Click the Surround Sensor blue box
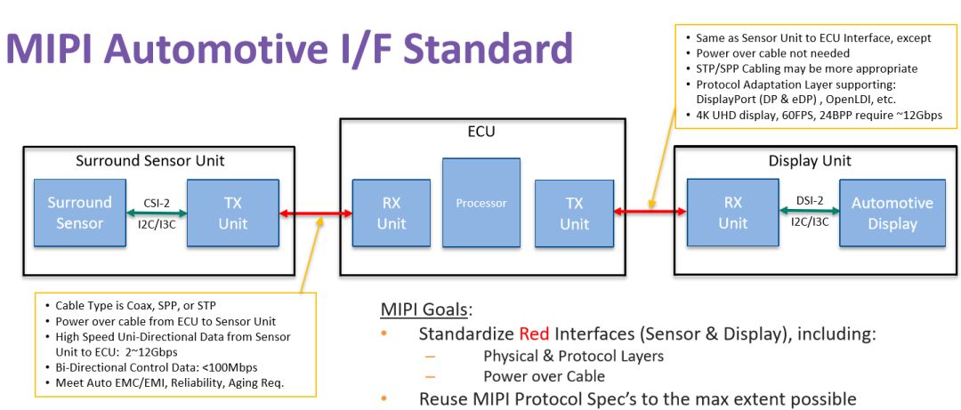pyautogui.click(x=80, y=213)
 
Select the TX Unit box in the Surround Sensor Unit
pyautogui.click(x=233, y=213)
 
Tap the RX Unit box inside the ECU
pyautogui.click(x=391, y=213)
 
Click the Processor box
pyautogui.click(x=481, y=202)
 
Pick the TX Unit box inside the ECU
pyautogui.click(x=574, y=213)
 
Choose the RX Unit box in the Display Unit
pyautogui.click(x=733, y=213)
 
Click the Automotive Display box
pyautogui.click(x=892, y=213)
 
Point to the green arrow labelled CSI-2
pyautogui.click(x=157, y=213)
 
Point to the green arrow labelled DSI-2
pyautogui.click(x=809, y=211)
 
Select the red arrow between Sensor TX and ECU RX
pyautogui.click(x=316, y=213)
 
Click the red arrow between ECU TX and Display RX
pyautogui.click(x=650, y=212)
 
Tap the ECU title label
pyautogui.click(x=481, y=131)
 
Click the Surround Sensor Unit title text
pyautogui.click(x=150, y=161)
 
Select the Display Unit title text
pyautogui.click(x=810, y=161)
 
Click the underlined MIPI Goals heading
pyautogui.click(x=424, y=310)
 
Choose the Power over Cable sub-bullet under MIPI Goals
pyautogui.click(x=544, y=376)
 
